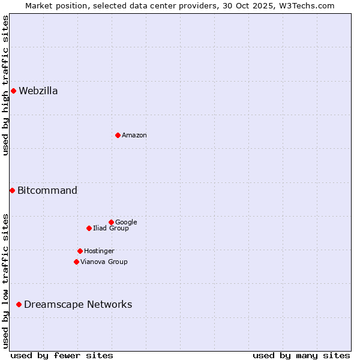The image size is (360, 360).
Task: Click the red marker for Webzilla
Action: pyautogui.click(x=13, y=91)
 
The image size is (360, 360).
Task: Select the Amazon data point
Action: pyautogui.click(x=118, y=135)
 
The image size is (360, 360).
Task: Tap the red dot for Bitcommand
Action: pyautogui.click(x=12, y=190)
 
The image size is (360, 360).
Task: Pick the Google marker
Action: pyautogui.click(x=111, y=222)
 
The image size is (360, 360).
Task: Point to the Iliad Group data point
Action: pyautogui.click(x=89, y=228)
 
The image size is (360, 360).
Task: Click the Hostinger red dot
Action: pyautogui.click(x=80, y=251)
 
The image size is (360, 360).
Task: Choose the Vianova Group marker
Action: pyautogui.click(x=76, y=262)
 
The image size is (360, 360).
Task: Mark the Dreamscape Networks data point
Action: pyautogui.click(x=19, y=305)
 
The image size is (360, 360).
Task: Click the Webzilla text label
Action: pyautogui.click(x=38, y=91)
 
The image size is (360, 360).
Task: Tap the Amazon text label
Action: pyautogui.click(x=134, y=136)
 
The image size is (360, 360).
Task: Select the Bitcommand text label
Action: pyautogui.click(x=47, y=191)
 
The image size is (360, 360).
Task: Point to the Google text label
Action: pyautogui.click(x=126, y=223)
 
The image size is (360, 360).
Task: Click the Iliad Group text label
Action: pyautogui.click(x=111, y=229)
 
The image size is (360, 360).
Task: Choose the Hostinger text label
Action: pyautogui.click(x=99, y=251)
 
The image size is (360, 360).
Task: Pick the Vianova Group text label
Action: pyautogui.click(x=104, y=262)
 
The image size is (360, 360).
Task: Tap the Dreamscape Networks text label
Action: pyautogui.click(x=78, y=305)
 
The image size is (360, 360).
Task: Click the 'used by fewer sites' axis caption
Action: pyautogui.click(x=62, y=355)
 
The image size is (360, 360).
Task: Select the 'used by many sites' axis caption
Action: pyautogui.click(x=301, y=355)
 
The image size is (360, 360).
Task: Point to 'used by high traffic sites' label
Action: pyautogui.click(x=5, y=85)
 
